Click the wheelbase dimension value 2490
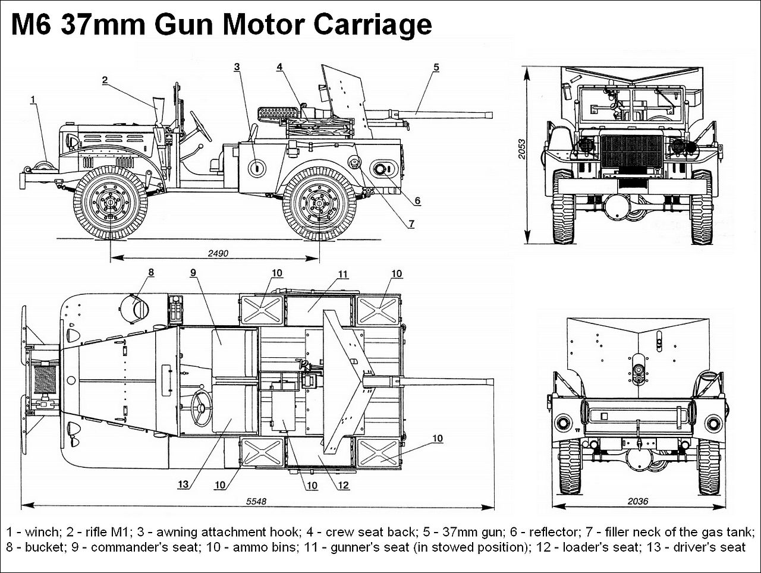[218, 254]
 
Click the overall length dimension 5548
[256, 502]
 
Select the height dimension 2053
[522, 149]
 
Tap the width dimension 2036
[638, 502]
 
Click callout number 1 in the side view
[33, 100]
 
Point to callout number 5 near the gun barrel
[436, 67]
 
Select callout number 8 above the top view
[151, 272]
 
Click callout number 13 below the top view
[183, 484]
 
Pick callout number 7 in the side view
[411, 224]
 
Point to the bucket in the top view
[134, 307]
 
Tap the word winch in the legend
[41, 531]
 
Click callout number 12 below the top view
[343, 485]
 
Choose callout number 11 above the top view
[342, 275]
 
